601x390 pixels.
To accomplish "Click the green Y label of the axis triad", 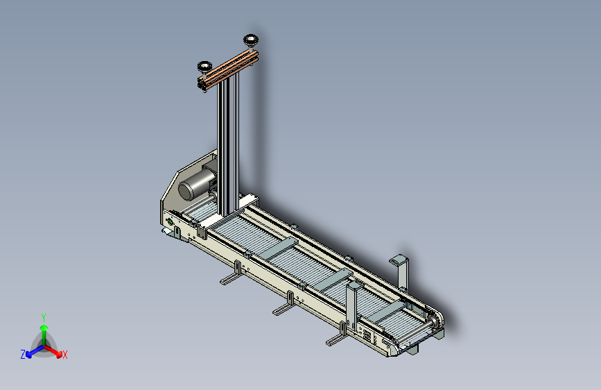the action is click(x=44, y=318).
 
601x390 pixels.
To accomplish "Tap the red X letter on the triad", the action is click(x=64, y=355).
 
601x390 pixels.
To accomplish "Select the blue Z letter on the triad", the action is click(x=23, y=355).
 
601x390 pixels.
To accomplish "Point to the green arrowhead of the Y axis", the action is click(x=44, y=328).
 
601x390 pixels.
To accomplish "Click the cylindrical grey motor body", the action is click(x=197, y=184).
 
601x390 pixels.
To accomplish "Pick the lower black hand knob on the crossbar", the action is click(x=204, y=67).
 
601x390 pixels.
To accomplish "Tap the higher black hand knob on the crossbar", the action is click(x=251, y=40).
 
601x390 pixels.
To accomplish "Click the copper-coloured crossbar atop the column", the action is click(x=229, y=71).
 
